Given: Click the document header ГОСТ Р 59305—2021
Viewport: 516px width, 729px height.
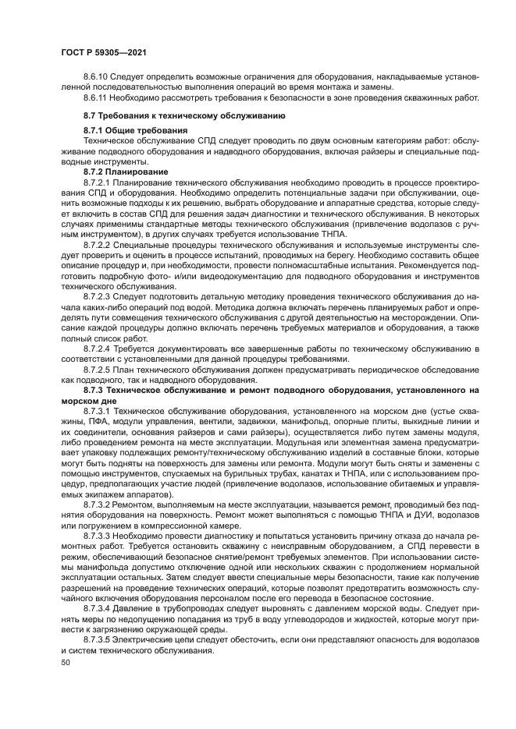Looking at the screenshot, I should [104, 51].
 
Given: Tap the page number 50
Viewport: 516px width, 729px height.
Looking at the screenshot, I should [66, 663].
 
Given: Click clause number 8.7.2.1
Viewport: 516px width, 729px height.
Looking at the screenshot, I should [98, 181].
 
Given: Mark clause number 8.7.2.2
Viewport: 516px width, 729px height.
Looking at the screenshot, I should [98, 245].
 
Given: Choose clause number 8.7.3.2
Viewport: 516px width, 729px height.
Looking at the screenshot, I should [98, 504].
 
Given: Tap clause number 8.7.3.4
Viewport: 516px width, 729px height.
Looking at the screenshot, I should [98, 607].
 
